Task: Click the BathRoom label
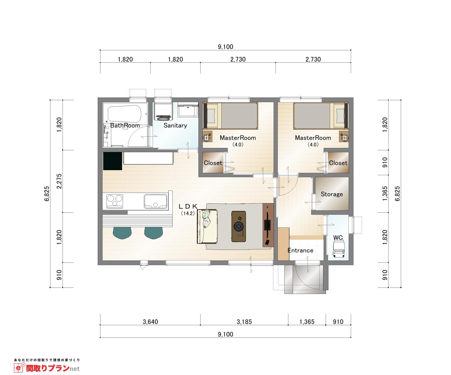click(x=125, y=125)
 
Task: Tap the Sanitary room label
click(x=175, y=125)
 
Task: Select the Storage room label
click(x=332, y=194)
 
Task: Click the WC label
click(x=338, y=238)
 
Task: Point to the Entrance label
click(x=300, y=250)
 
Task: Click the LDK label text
click(x=188, y=206)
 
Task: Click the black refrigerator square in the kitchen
click(x=112, y=161)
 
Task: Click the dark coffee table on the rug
click(x=239, y=226)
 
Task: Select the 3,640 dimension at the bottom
click(x=150, y=322)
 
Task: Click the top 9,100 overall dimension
click(x=225, y=47)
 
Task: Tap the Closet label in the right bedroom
click(x=338, y=163)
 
